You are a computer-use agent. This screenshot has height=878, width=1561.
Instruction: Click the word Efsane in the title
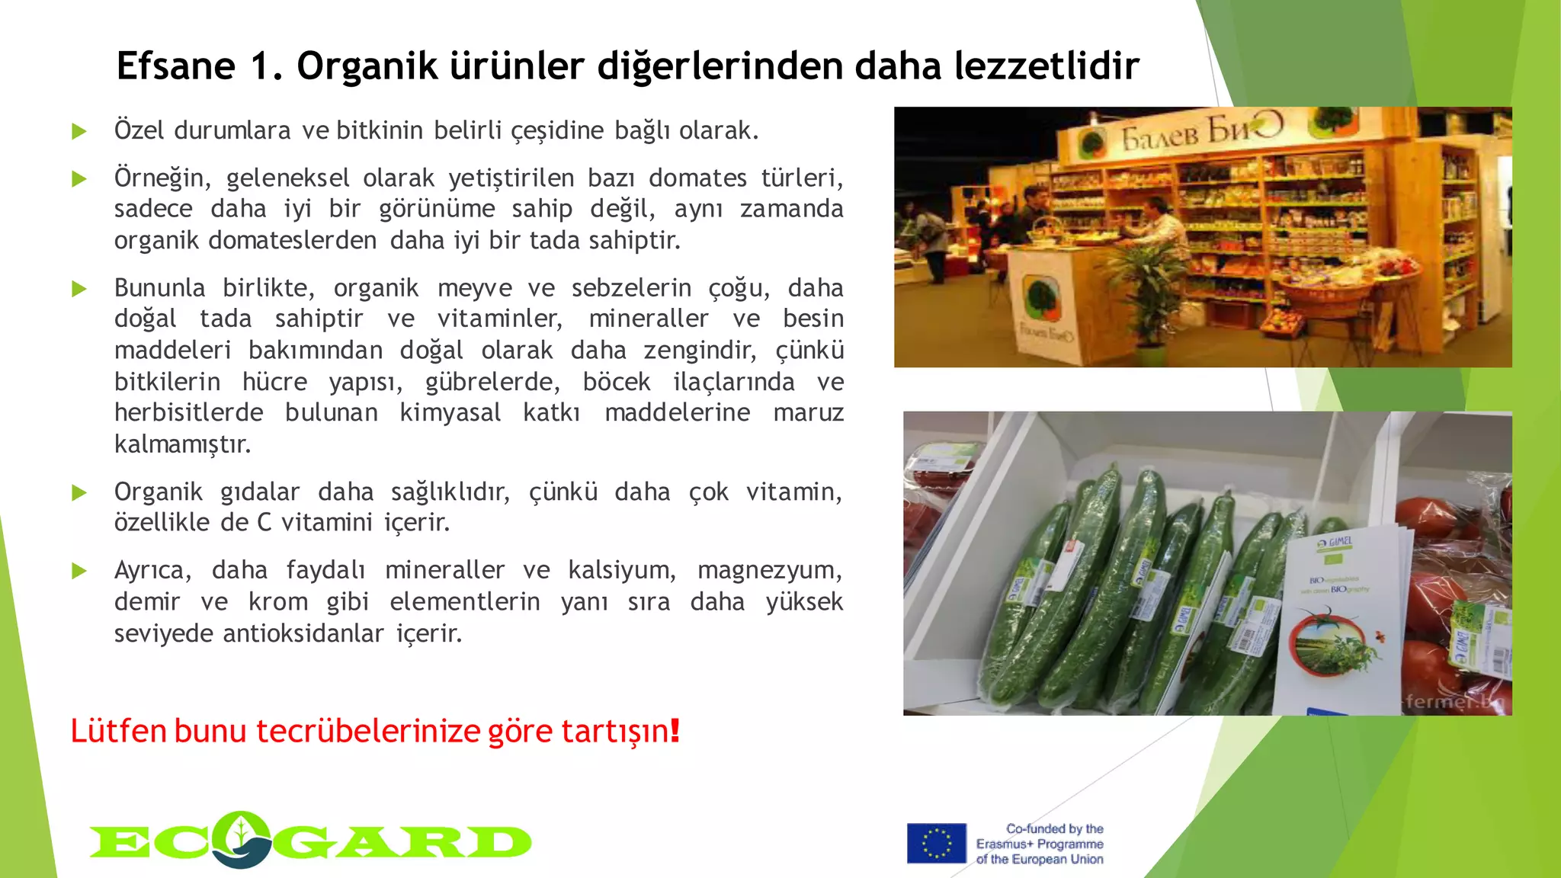pos(175,66)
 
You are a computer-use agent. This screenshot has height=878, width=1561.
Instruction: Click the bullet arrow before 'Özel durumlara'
pos(79,131)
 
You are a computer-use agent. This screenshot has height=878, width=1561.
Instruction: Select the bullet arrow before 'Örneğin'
pos(79,179)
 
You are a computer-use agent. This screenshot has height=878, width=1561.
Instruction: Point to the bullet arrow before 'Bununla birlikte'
pos(79,289)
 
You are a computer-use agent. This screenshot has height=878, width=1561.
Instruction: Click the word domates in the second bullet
pos(697,178)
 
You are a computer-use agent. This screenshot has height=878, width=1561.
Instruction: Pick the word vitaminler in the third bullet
pos(499,319)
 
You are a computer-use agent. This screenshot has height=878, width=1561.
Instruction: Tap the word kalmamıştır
pos(182,444)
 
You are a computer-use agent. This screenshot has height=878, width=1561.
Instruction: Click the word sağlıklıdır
pos(450,492)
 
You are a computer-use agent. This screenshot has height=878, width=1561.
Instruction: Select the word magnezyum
pos(769,570)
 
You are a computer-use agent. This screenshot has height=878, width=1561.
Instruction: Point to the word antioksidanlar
pos(303,633)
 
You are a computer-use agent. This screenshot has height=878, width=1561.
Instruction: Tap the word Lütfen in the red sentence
pos(118,730)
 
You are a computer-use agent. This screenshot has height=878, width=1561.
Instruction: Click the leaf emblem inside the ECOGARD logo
pos(241,838)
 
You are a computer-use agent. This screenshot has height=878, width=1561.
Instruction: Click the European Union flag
pos(936,844)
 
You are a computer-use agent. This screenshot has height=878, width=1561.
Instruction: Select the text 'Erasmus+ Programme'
pos(1040,844)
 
